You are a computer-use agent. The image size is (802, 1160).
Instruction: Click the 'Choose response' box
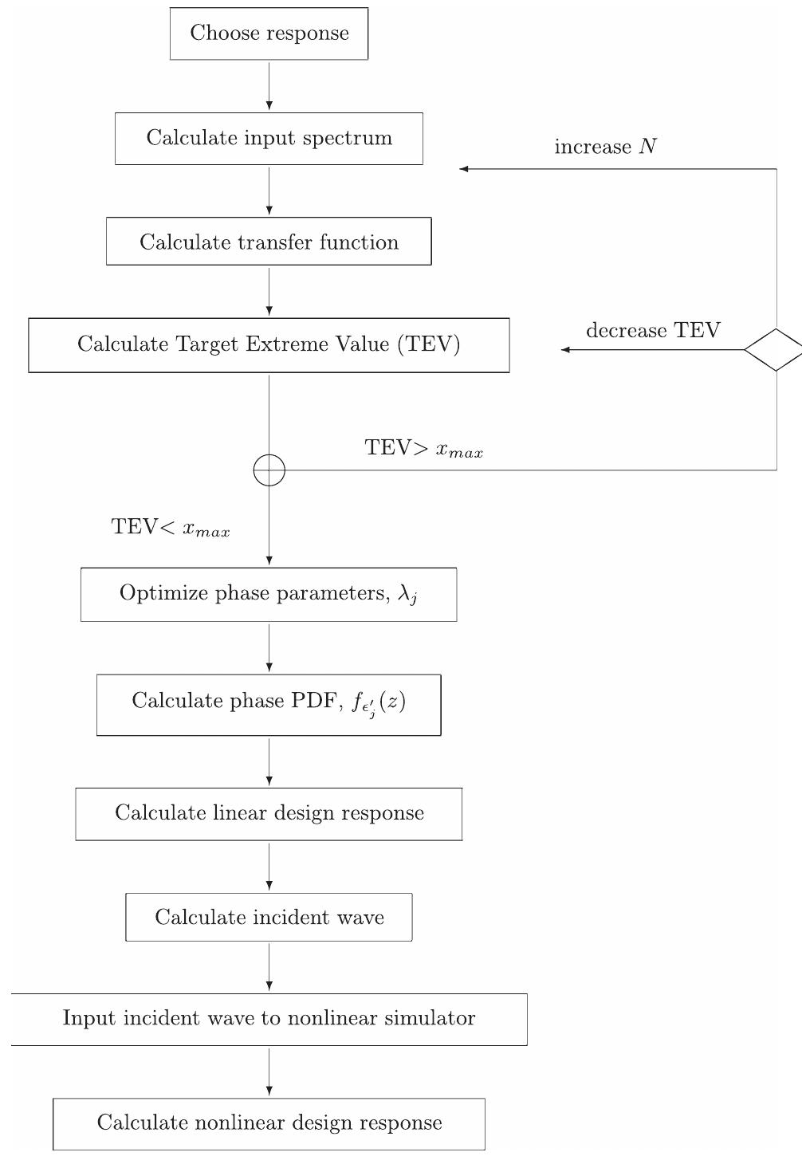tap(269, 33)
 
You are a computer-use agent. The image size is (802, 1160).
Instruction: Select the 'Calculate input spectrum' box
tap(269, 139)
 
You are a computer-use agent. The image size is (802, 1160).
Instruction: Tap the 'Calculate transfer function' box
tap(269, 242)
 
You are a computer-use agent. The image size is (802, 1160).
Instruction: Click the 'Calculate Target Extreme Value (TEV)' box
tap(269, 345)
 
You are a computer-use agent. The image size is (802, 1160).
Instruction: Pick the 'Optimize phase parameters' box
tap(269, 595)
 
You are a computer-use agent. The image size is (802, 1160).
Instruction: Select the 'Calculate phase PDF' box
tap(269, 705)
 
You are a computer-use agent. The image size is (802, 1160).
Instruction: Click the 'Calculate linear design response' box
tap(269, 814)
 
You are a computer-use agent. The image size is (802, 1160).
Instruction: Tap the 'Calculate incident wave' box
tap(269, 918)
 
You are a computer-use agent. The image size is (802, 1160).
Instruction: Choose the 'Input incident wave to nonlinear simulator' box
tap(269, 1019)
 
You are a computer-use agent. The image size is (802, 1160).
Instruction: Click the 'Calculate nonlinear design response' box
tap(269, 1123)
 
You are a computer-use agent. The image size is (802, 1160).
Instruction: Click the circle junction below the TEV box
tap(269, 470)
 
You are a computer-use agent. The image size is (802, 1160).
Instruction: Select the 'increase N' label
tap(605, 147)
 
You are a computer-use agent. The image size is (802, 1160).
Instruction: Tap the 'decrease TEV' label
tap(653, 331)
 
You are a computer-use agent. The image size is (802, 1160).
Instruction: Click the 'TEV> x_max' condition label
tap(423, 449)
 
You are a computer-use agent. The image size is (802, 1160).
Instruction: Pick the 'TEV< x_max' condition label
tap(171, 528)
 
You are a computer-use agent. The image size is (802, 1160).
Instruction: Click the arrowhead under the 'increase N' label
tap(464, 169)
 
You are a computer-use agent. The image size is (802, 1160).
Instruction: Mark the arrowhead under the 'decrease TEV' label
tap(565, 350)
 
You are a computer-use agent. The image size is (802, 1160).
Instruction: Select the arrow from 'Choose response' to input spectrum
tap(269, 86)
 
